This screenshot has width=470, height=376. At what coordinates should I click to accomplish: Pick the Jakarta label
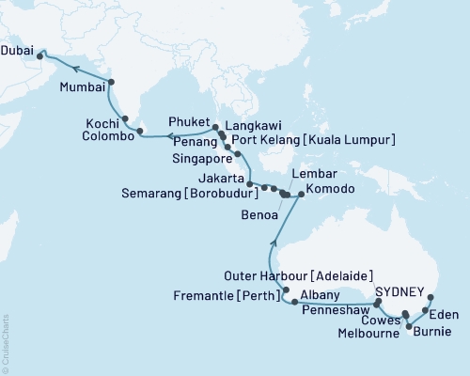click(x=227, y=177)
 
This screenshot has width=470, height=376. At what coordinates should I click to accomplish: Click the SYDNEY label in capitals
click(x=401, y=291)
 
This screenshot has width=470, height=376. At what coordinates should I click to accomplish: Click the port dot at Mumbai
click(x=111, y=82)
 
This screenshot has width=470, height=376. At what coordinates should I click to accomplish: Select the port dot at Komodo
click(x=300, y=195)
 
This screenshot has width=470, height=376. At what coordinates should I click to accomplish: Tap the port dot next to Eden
click(x=426, y=309)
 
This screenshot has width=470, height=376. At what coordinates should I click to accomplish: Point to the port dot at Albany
click(x=296, y=302)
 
